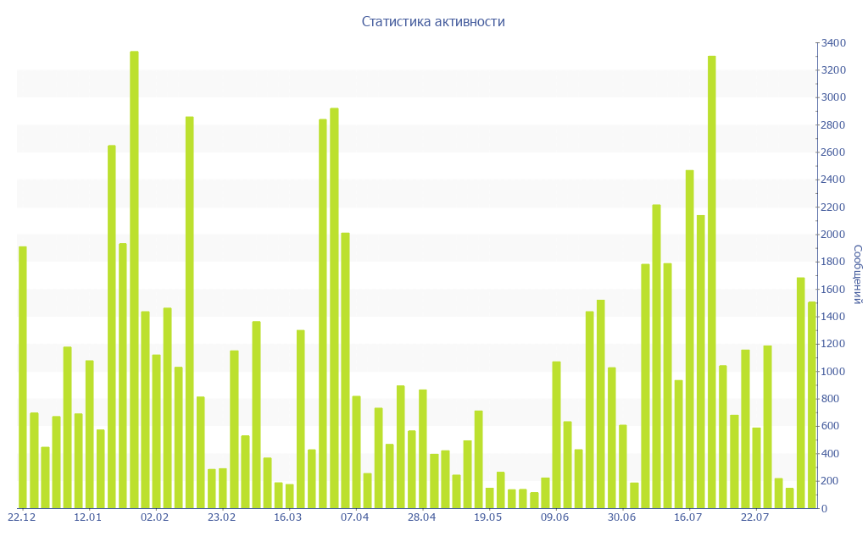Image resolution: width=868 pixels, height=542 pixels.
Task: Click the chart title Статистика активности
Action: coord(433,22)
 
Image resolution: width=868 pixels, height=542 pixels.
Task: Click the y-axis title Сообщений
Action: coord(857,274)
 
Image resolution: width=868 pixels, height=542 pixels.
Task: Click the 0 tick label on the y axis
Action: coord(824,508)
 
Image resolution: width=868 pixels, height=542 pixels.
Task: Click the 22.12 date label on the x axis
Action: coord(21,517)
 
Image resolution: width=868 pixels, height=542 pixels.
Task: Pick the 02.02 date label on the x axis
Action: coord(155,517)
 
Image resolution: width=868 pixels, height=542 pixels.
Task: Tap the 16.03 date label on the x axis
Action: coord(288,517)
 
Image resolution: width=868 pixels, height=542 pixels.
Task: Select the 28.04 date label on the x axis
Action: coord(421,517)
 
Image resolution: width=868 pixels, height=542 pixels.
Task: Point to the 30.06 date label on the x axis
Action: coord(621,517)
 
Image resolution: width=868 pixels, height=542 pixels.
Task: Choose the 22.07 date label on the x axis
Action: coord(754,517)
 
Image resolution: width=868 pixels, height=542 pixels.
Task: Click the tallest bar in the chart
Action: coord(134,279)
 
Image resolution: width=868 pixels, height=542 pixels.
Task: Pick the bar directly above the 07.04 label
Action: coord(356,452)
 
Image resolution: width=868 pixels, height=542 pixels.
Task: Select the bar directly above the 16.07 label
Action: coord(690,339)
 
